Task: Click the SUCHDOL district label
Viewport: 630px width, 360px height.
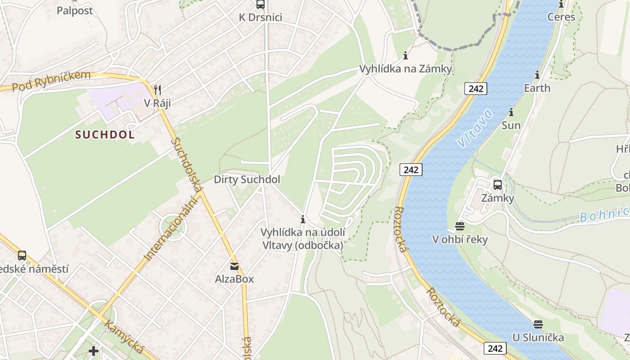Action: click(x=105, y=135)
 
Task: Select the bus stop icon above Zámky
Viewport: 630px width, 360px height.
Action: click(x=498, y=184)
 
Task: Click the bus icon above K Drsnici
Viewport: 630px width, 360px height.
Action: click(x=260, y=4)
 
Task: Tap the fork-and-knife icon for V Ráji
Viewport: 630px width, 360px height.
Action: click(x=157, y=90)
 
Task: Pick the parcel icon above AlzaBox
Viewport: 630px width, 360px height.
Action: click(x=234, y=266)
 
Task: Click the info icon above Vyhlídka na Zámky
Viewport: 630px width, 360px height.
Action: click(x=405, y=56)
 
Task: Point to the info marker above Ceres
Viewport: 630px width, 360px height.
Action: click(x=561, y=4)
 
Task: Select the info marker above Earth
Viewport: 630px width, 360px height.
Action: click(x=537, y=75)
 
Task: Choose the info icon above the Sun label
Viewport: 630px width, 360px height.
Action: click(x=511, y=112)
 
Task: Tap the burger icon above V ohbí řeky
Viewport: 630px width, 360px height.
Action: click(x=459, y=226)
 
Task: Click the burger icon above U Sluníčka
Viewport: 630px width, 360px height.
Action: click(x=538, y=324)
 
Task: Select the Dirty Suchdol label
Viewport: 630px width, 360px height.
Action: click(x=247, y=180)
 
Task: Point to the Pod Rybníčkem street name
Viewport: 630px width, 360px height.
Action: click(x=51, y=81)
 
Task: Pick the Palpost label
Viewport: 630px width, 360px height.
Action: click(x=75, y=10)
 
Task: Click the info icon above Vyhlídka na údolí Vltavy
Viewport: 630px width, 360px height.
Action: click(x=303, y=220)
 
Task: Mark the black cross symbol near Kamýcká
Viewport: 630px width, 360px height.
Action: click(x=94, y=351)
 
